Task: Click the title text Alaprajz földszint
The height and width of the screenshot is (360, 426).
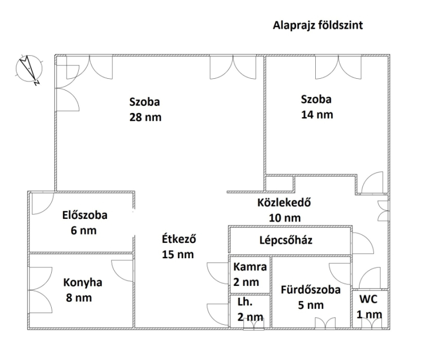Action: pos(317,25)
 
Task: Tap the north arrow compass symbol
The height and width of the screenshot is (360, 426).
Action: pos(29,69)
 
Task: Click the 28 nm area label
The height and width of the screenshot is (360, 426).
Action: pos(145,117)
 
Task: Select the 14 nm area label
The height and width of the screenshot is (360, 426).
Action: pos(317,114)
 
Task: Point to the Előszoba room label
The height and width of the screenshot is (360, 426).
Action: pos(85,215)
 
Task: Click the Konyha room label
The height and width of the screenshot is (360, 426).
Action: pos(83,283)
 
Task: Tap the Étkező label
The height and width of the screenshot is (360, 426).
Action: pos(179,239)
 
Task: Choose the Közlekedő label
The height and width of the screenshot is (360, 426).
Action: pos(284,203)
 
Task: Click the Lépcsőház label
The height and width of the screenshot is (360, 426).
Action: pos(286,240)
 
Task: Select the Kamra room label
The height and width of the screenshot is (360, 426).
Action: pos(250,267)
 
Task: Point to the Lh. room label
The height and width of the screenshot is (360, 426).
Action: pos(245,302)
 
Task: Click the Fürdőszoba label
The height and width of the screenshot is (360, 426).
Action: pos(310,290)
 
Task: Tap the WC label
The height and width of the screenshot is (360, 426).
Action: pos(368,299)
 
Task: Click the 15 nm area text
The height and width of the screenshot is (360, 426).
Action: pos(178,255)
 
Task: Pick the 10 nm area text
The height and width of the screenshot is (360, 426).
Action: pos(285,218)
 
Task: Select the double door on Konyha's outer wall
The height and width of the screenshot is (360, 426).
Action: pos(41,290)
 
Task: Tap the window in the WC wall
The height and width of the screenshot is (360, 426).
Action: pos(370,323)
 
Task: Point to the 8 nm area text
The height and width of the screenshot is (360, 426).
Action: pos(79,298)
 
